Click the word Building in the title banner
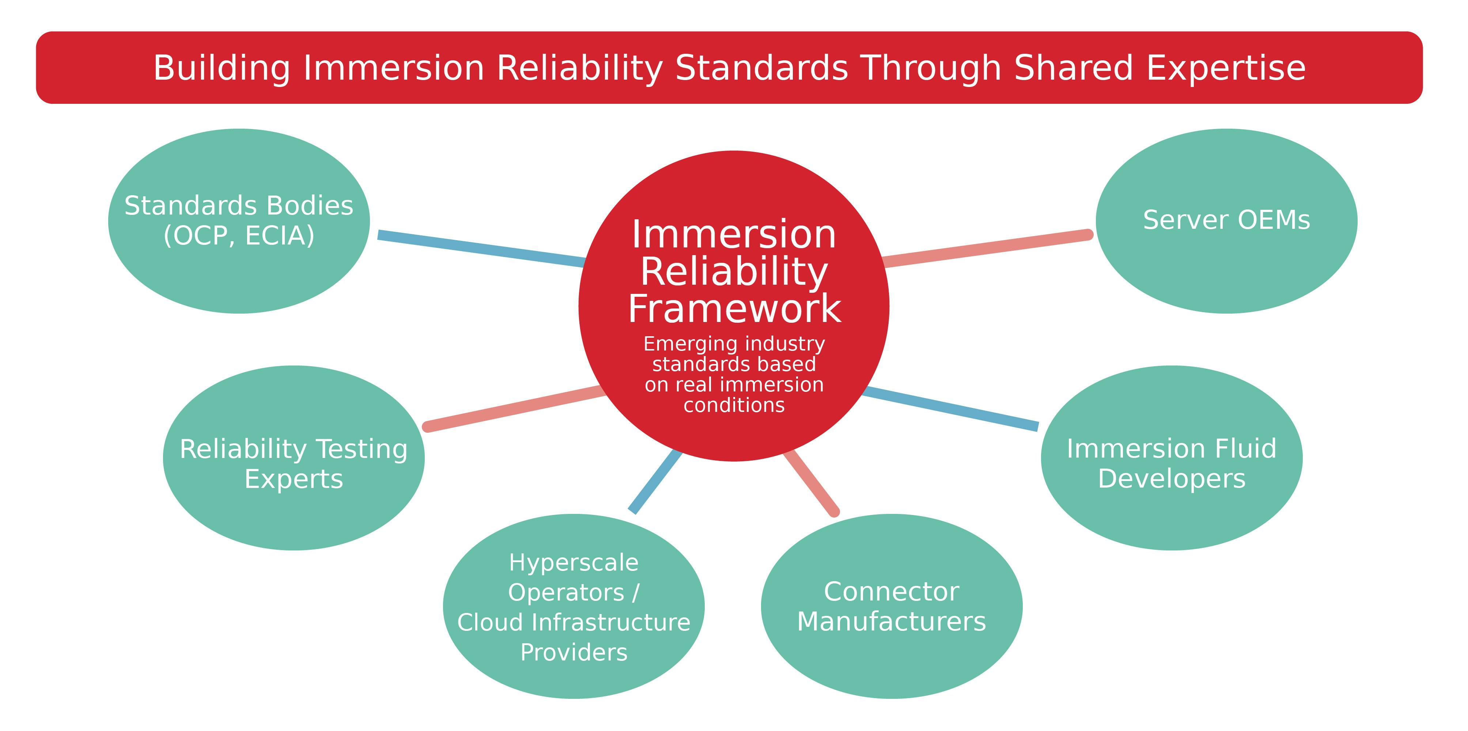[221, 68]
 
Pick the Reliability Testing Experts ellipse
[294, 513]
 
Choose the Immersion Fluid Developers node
[1171, 513]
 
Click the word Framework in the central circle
[734, 309]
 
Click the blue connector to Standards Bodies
[481, 249]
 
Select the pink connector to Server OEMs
[986, 249]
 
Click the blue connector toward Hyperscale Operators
[655, 481]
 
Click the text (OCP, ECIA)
[239, 236]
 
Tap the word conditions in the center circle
[734, 405]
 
